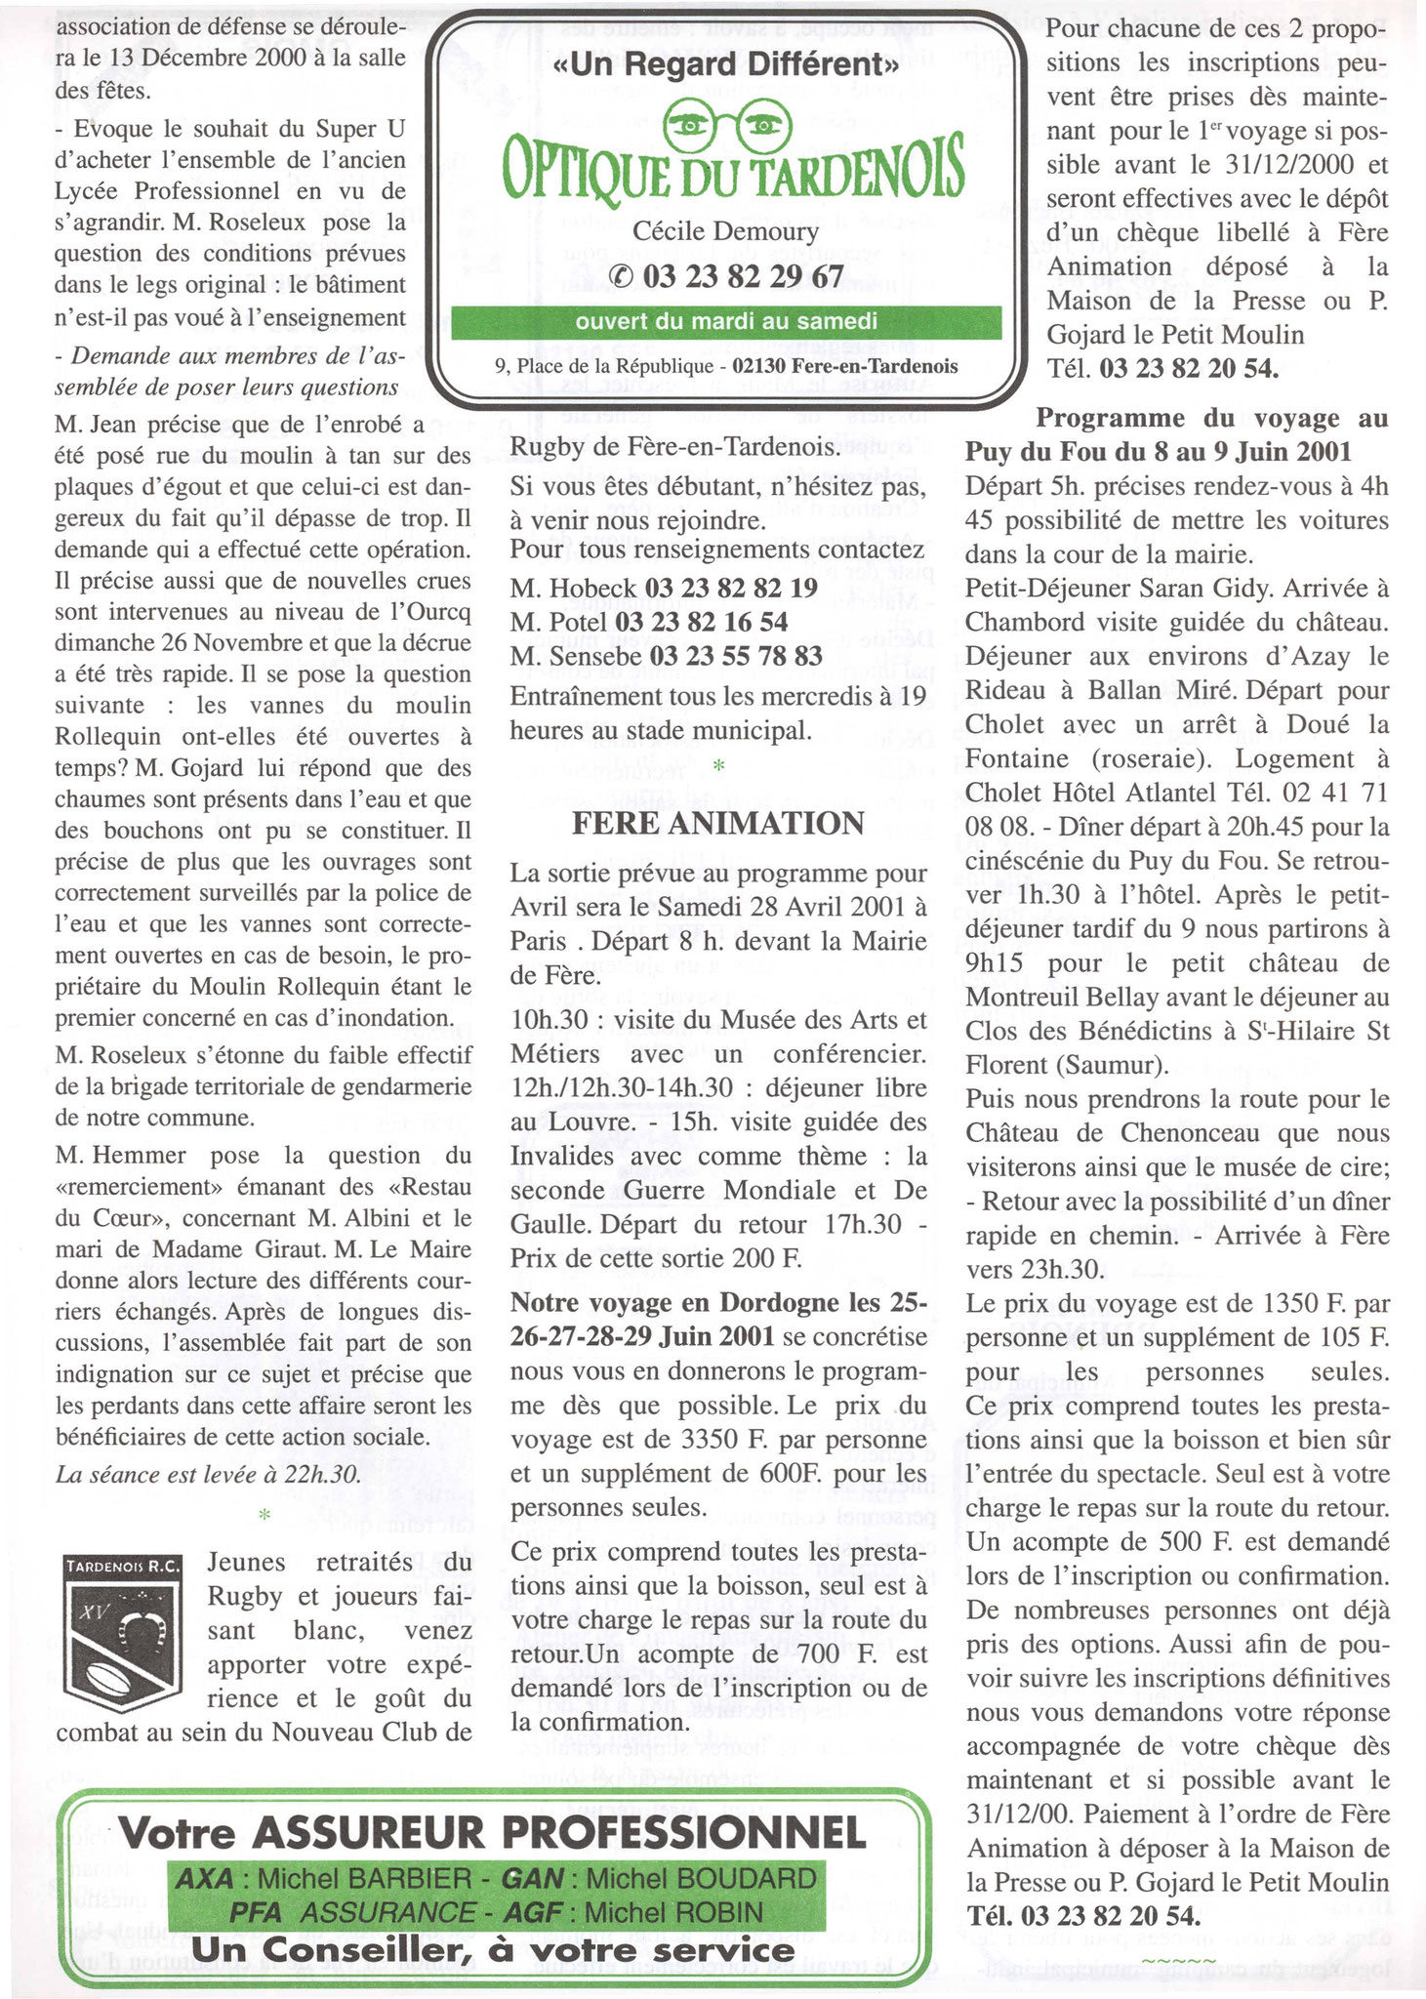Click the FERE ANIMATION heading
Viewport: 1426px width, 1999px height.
717,823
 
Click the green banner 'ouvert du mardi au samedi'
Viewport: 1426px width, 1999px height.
725,321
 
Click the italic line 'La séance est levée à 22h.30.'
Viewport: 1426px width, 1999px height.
208,1474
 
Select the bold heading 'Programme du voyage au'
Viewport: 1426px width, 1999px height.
1211,418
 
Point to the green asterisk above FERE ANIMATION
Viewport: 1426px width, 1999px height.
718,767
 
